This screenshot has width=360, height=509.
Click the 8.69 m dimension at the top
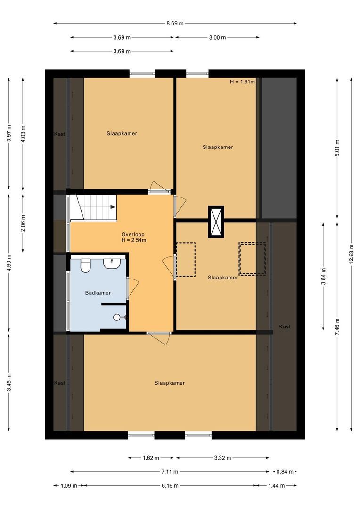click(x=174, y=23)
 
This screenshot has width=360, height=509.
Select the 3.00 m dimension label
click(x=217, y=37)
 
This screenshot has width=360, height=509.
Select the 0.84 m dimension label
click(x=285, y=471)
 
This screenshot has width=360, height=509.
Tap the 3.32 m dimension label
click(x=222, y=457)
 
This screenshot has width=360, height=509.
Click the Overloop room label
click(x=132, y=234)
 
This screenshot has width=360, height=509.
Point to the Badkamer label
click(x=98, y=293)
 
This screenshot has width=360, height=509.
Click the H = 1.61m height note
click(x=242, y=82)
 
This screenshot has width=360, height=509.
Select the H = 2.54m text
click(x=133, y=240)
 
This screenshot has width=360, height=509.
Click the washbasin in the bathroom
click(x=112, y=263)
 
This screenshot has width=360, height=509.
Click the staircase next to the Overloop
click(x=93, y=207)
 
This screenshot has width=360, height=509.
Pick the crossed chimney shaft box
click(x=216, y=222)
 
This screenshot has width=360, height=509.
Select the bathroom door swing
click(x=132, y=288)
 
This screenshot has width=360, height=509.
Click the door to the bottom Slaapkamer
click(x=159, y=338)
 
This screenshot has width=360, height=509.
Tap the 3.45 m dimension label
click(x=9, y=383)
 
